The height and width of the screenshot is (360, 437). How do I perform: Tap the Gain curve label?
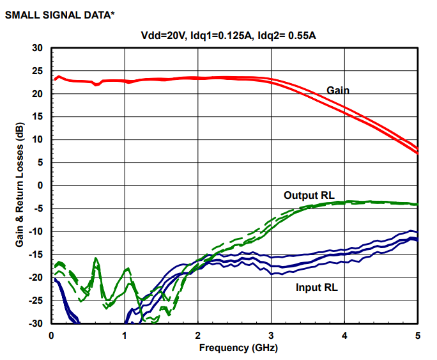[x=338, y=90]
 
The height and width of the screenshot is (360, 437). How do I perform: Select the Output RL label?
[x=309, y=195]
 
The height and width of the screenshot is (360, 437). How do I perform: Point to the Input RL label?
[x=316, y=288]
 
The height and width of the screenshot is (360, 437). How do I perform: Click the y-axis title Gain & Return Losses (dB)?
[x=20, y=185]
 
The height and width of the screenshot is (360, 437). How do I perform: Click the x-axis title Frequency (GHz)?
[x=234, y=348]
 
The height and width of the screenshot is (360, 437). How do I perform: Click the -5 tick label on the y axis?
[x=38, y=208]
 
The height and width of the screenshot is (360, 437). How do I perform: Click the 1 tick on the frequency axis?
[x=125, y=335]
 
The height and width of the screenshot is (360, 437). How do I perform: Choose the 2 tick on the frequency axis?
[x=198, y=335]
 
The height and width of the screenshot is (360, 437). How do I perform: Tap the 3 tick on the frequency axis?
[x=271, y=335]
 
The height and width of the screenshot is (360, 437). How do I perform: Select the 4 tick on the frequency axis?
[x=344, y=335]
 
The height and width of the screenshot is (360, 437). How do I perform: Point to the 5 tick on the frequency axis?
[x=417, y=335]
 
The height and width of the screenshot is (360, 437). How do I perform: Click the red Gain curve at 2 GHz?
[x=198, y=78]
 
